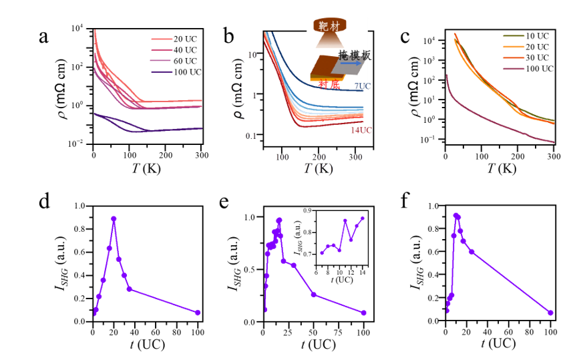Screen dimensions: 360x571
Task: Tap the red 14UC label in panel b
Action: click(359, 130)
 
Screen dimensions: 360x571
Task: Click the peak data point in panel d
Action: click(114, 218)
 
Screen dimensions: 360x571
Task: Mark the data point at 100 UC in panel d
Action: click(198, 313)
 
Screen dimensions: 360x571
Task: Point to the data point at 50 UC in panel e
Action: click(314, 295)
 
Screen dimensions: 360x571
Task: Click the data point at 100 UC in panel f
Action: click(550, 313)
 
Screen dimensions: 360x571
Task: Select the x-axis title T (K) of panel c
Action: click(499, 169)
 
